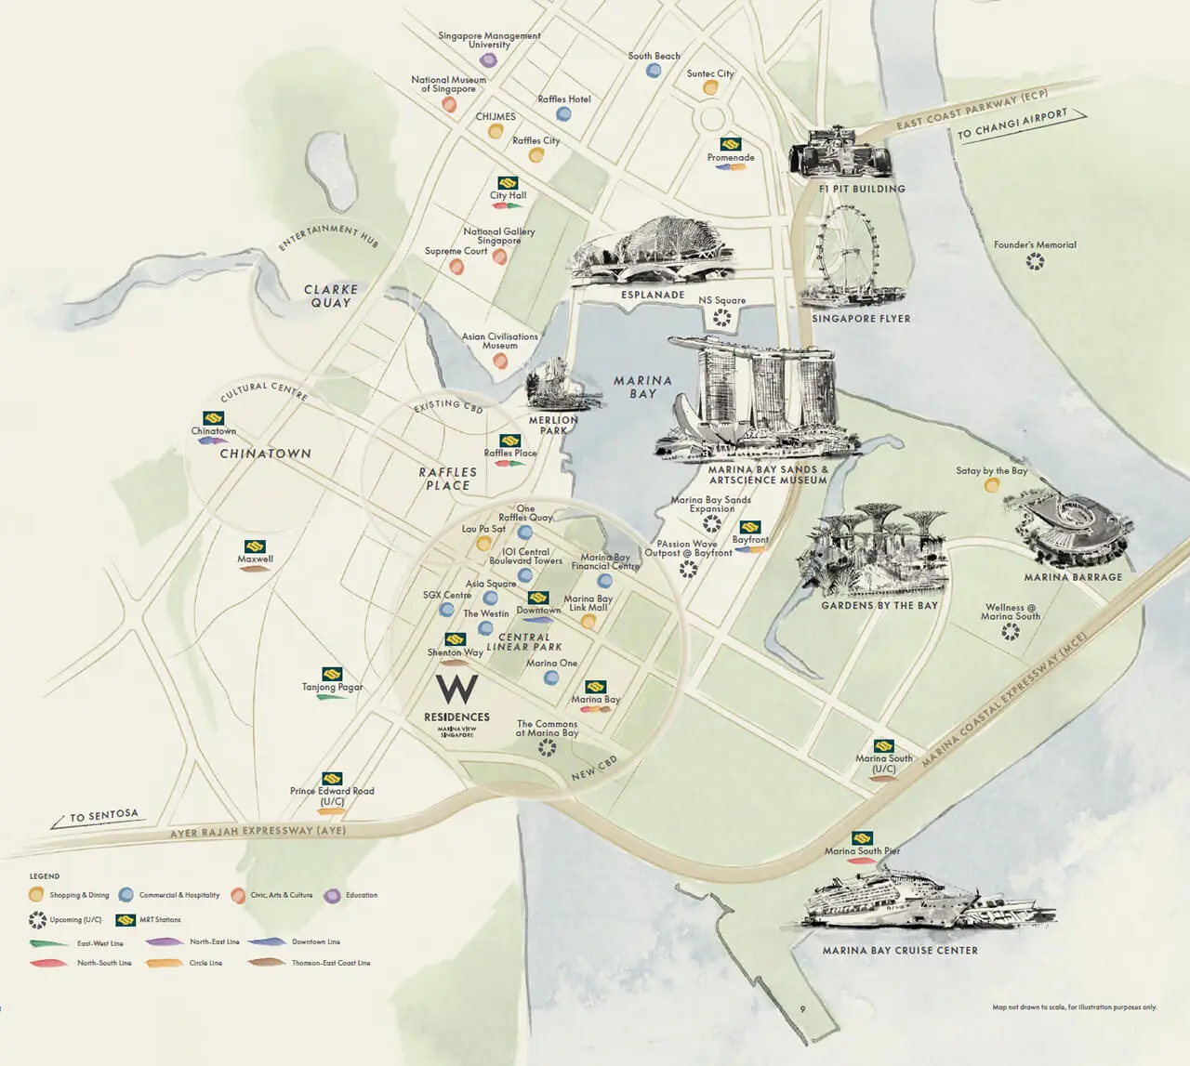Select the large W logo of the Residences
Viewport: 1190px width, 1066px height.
pos(457,690)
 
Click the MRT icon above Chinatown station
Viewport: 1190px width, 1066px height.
pos(214,418)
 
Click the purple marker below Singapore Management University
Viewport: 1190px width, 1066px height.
pos(488,60)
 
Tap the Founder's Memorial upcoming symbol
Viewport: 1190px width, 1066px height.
pos(1035,262)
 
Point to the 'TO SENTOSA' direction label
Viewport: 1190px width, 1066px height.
pos(103,817)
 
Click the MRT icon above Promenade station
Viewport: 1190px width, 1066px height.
pos(731,144)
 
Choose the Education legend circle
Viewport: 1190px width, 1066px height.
pos(332,896)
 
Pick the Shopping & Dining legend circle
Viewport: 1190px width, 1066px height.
pos(36,895)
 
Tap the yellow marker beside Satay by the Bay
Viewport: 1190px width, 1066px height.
pos(992,485)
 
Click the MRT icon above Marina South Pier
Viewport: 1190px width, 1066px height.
pos(862,837)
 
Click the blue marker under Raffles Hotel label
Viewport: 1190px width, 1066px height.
pos(563,114)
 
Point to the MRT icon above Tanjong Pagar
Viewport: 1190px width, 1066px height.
pos(332,674)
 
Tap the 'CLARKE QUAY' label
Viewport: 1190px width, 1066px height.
pos(331,296)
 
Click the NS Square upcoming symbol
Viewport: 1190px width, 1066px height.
pos(721,318)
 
